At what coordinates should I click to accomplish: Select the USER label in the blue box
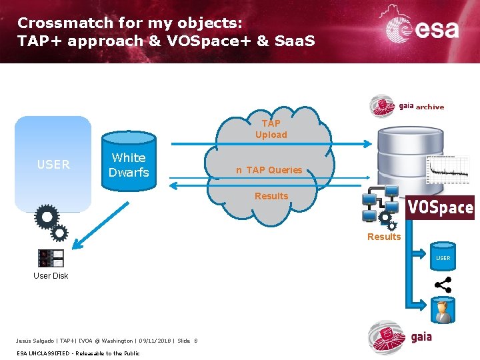click(x=53, y=164)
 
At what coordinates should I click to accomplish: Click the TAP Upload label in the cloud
click(x=271, y=129)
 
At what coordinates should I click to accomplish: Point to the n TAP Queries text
click(x=269, y=170)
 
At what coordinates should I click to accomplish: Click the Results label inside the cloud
click(x=271, y=196)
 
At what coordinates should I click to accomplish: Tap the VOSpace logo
click(x=440, y=207)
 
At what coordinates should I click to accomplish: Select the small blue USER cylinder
click(x=443, y=257)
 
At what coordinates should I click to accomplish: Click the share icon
click(x=443, y=285)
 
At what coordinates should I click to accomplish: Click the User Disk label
click(x=51, y=275)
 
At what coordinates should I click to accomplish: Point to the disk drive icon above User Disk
click(x=51, y=258)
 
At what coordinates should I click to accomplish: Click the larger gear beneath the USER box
click(x=46, y=216)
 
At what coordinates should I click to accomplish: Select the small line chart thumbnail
click(x=448, y=170)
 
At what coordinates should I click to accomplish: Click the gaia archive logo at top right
click(x=407, y=105)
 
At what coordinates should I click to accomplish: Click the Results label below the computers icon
click(x=384, y=237)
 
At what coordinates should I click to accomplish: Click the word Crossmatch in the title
click(x=57, y=22)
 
